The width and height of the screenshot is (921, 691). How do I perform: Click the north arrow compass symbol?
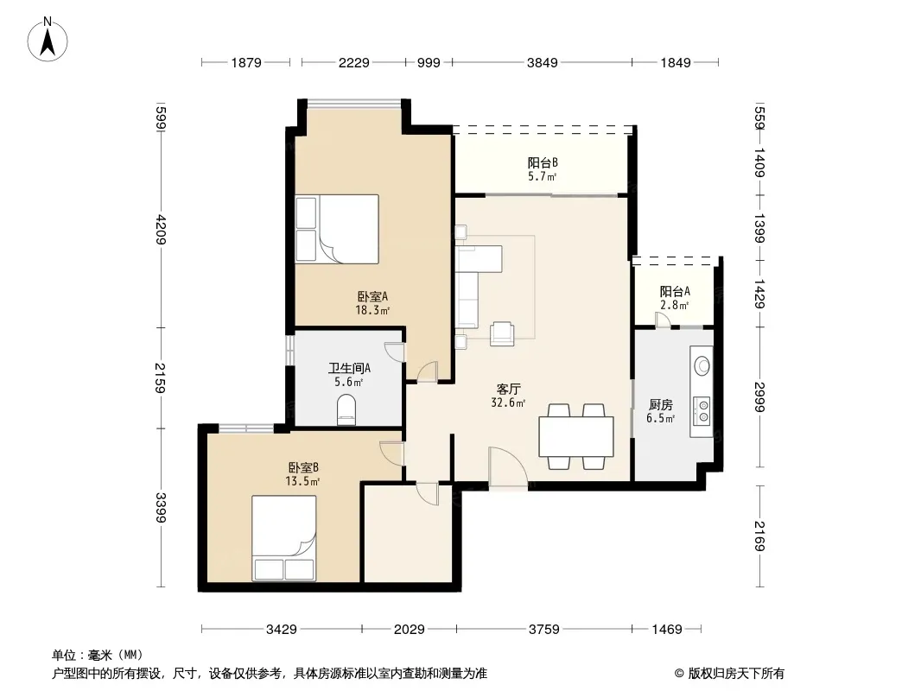(x=48, y=40)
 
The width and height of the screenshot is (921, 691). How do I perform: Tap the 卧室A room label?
(x=372, y=297)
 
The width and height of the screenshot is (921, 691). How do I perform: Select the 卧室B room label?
(x=303, y=468)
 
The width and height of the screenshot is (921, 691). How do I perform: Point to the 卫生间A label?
(x=349, y=368)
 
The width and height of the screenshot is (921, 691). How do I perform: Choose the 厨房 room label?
(x=661, y=404)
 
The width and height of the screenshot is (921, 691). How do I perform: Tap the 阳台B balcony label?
(x=542, y=162)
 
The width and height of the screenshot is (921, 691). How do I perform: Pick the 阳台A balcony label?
(x=675, y=291)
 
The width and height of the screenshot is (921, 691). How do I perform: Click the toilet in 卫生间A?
(x=346, y=409)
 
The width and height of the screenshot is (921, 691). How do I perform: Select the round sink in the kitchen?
(x=702, y=365)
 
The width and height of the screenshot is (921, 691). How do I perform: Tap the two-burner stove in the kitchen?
(x=702, y=410)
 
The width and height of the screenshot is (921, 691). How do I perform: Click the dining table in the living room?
(x=576, y=436)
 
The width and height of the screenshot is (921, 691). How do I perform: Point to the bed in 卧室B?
(x=284, y=538)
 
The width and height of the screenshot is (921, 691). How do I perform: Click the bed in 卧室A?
(x=337, y=229)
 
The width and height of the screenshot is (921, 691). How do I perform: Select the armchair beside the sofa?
(x=502, y=333)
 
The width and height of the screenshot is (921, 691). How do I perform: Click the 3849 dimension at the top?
(x=542, y=62)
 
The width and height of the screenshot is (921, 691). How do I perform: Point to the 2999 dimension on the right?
(x=759, y=396)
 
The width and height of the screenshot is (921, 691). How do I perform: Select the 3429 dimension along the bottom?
(x=282, y=630)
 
